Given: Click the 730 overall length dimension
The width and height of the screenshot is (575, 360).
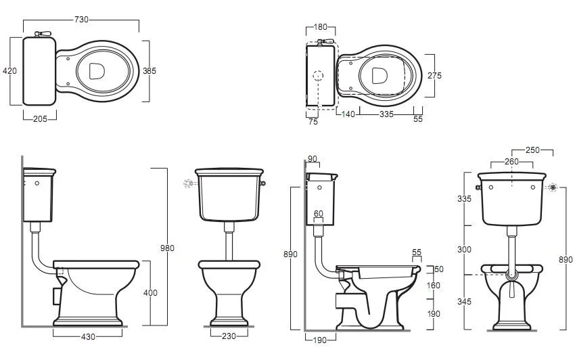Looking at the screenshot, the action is [x=81, y=20].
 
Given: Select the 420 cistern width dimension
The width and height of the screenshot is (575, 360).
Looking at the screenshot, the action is [x=9, y=70].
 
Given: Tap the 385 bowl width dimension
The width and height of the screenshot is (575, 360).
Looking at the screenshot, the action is [x=149, y=70].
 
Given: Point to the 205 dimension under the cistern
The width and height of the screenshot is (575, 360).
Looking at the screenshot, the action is [x=40, y=118].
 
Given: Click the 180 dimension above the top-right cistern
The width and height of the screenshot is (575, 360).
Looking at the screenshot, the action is [x=321, y=27].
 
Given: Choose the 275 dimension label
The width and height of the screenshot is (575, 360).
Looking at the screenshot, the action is [x=434, y=75].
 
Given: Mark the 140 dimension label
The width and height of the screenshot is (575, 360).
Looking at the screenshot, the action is [x=348, y=114].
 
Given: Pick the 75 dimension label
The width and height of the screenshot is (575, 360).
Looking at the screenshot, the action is [x=313, y=122].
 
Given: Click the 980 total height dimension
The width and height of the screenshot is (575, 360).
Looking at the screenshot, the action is [x=167, y=248].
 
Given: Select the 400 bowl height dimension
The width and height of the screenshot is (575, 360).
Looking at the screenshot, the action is [x=150, y=292].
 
